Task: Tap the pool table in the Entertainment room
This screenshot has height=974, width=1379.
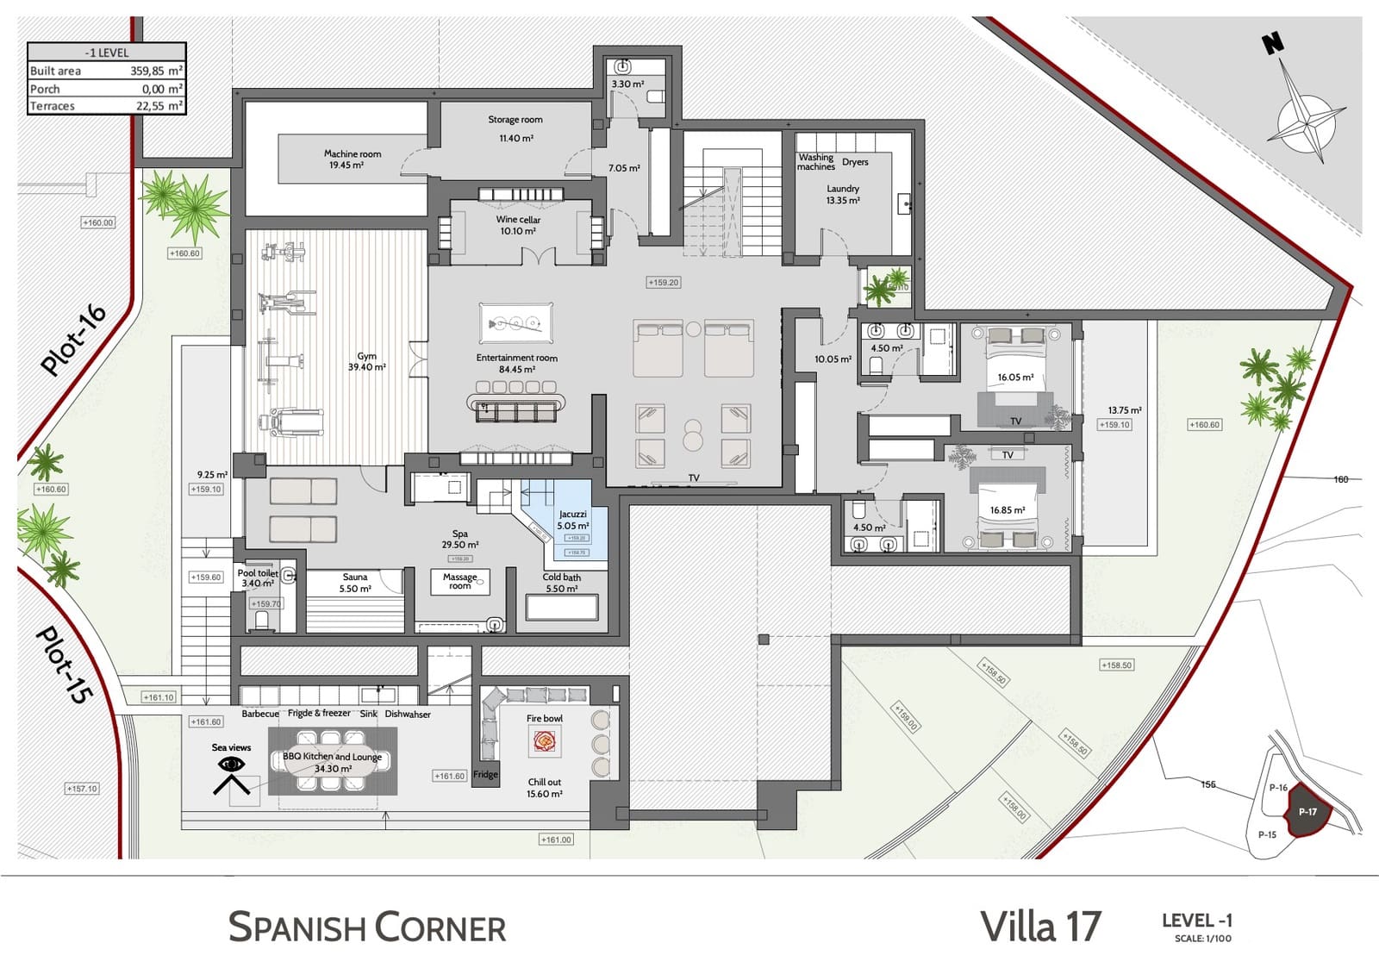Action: [x=515, y=324]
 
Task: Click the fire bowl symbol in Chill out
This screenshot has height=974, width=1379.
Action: [x=544, y=740]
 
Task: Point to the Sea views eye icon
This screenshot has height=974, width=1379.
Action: [x=231, y=765]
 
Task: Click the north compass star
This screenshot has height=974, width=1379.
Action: [x=1307, y=121]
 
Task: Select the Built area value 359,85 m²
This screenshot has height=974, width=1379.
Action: [x=156, y=71]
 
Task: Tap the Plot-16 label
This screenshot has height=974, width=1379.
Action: [x=75, y=340]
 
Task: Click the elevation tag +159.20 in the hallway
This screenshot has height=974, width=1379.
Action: [x=663, y=282]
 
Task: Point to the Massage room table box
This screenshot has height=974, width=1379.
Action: [x=460, y=582]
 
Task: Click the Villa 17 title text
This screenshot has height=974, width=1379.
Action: [x=1040, y=927]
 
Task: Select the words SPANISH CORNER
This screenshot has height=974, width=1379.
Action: [x=367, y=927]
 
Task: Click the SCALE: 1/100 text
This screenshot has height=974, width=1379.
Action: [x=1202, y=939]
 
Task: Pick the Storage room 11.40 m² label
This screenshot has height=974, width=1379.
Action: [x=515, y=128]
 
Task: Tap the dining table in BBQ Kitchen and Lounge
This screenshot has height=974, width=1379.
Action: [x=332, y=760]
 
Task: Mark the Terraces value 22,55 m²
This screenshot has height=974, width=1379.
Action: [x=159, y=106]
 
